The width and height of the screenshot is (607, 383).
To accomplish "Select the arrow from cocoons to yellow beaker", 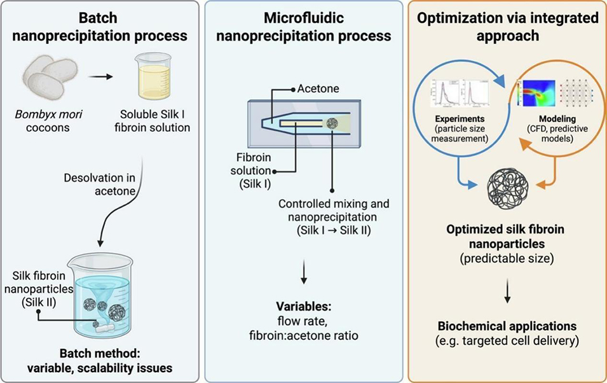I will click(100, 77).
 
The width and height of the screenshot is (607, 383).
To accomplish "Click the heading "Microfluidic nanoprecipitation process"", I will click(304, 27).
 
